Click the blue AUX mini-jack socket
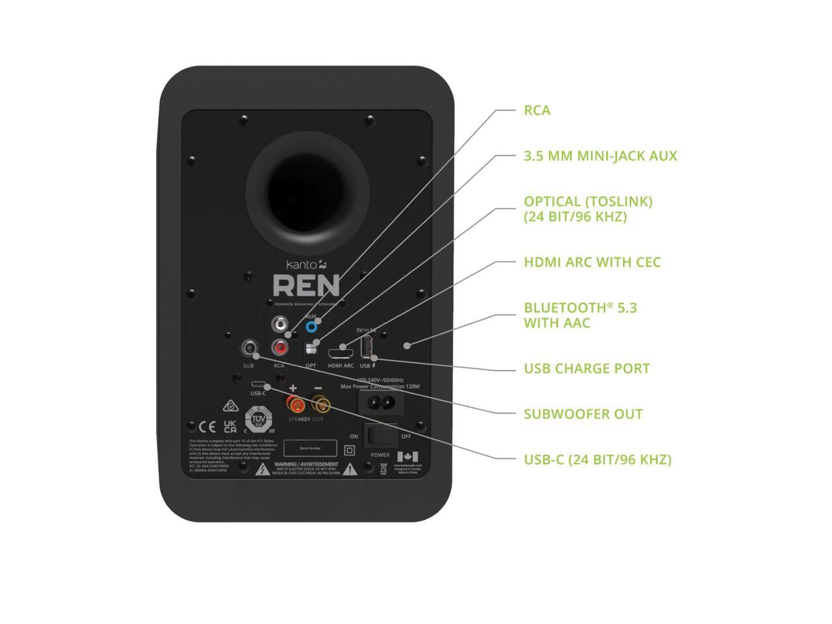[x=311, y=326]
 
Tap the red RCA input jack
[x=280, y=348]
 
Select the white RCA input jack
[x=280, y=324]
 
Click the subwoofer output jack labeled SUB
[x=248, y=348]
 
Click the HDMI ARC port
[x=341, y=354]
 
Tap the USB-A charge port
[x=365, y=347]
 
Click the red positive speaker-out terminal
[x=296, y=405]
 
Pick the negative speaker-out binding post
[x=320, y=406]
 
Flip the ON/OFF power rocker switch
[x=380, y=436]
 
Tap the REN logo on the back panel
[x=306, y=286]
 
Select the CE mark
[x=207, y=427]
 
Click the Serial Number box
[x=310, y=448]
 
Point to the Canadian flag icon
[x=408, y=456]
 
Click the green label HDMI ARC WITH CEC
[x=592, y=262]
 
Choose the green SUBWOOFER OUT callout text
[x=583, y=414]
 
